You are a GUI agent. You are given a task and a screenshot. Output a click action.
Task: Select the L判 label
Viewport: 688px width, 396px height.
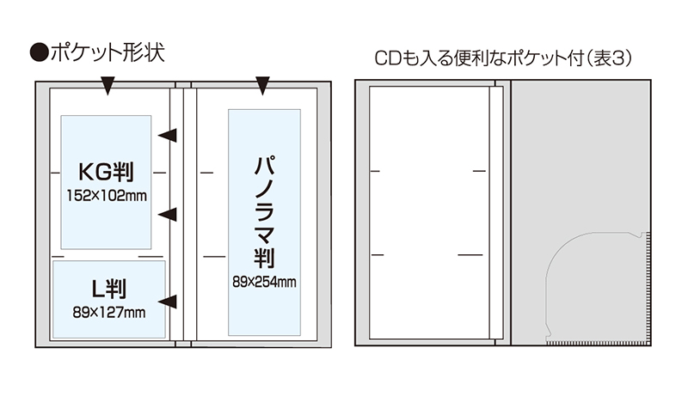(x=109, y=289)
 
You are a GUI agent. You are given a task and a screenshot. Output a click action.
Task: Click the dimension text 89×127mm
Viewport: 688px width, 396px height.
(x=109, y=311)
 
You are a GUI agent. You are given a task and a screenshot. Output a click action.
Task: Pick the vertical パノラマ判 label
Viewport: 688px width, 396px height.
(x=265, y=210)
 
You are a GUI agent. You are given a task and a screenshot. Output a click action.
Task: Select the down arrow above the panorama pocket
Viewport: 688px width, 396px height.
(x=263, y=85)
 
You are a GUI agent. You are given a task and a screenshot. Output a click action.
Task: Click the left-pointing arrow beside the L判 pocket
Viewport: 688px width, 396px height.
(x=169, y=301)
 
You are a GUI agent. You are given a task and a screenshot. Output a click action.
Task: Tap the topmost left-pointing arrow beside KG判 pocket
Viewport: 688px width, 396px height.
(x=169, y=135)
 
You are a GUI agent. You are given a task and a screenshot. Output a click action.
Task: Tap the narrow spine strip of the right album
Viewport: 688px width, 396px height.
(x=495, y=215)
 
